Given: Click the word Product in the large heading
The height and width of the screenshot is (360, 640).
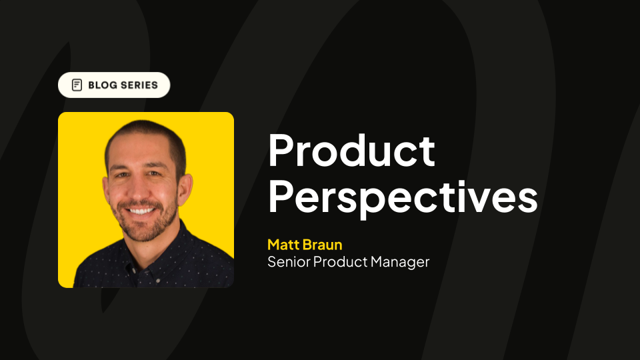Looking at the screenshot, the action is pos(351,150).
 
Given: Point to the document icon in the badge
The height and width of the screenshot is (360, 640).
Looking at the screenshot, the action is pos(77,85).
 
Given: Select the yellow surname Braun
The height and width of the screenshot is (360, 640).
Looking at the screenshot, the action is pos(323,245).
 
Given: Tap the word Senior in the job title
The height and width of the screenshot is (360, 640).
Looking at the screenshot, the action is pos(289,261).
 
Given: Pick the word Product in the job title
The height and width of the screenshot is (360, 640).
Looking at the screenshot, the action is pos(341,261).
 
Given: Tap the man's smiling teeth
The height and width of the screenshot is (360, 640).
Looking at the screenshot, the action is pos(140,211).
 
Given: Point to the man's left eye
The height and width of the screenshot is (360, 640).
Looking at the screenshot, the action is pos(155,174).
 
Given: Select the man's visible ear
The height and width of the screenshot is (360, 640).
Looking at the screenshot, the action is pos(185,189).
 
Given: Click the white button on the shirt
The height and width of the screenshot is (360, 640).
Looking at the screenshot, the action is pos(157,281).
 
